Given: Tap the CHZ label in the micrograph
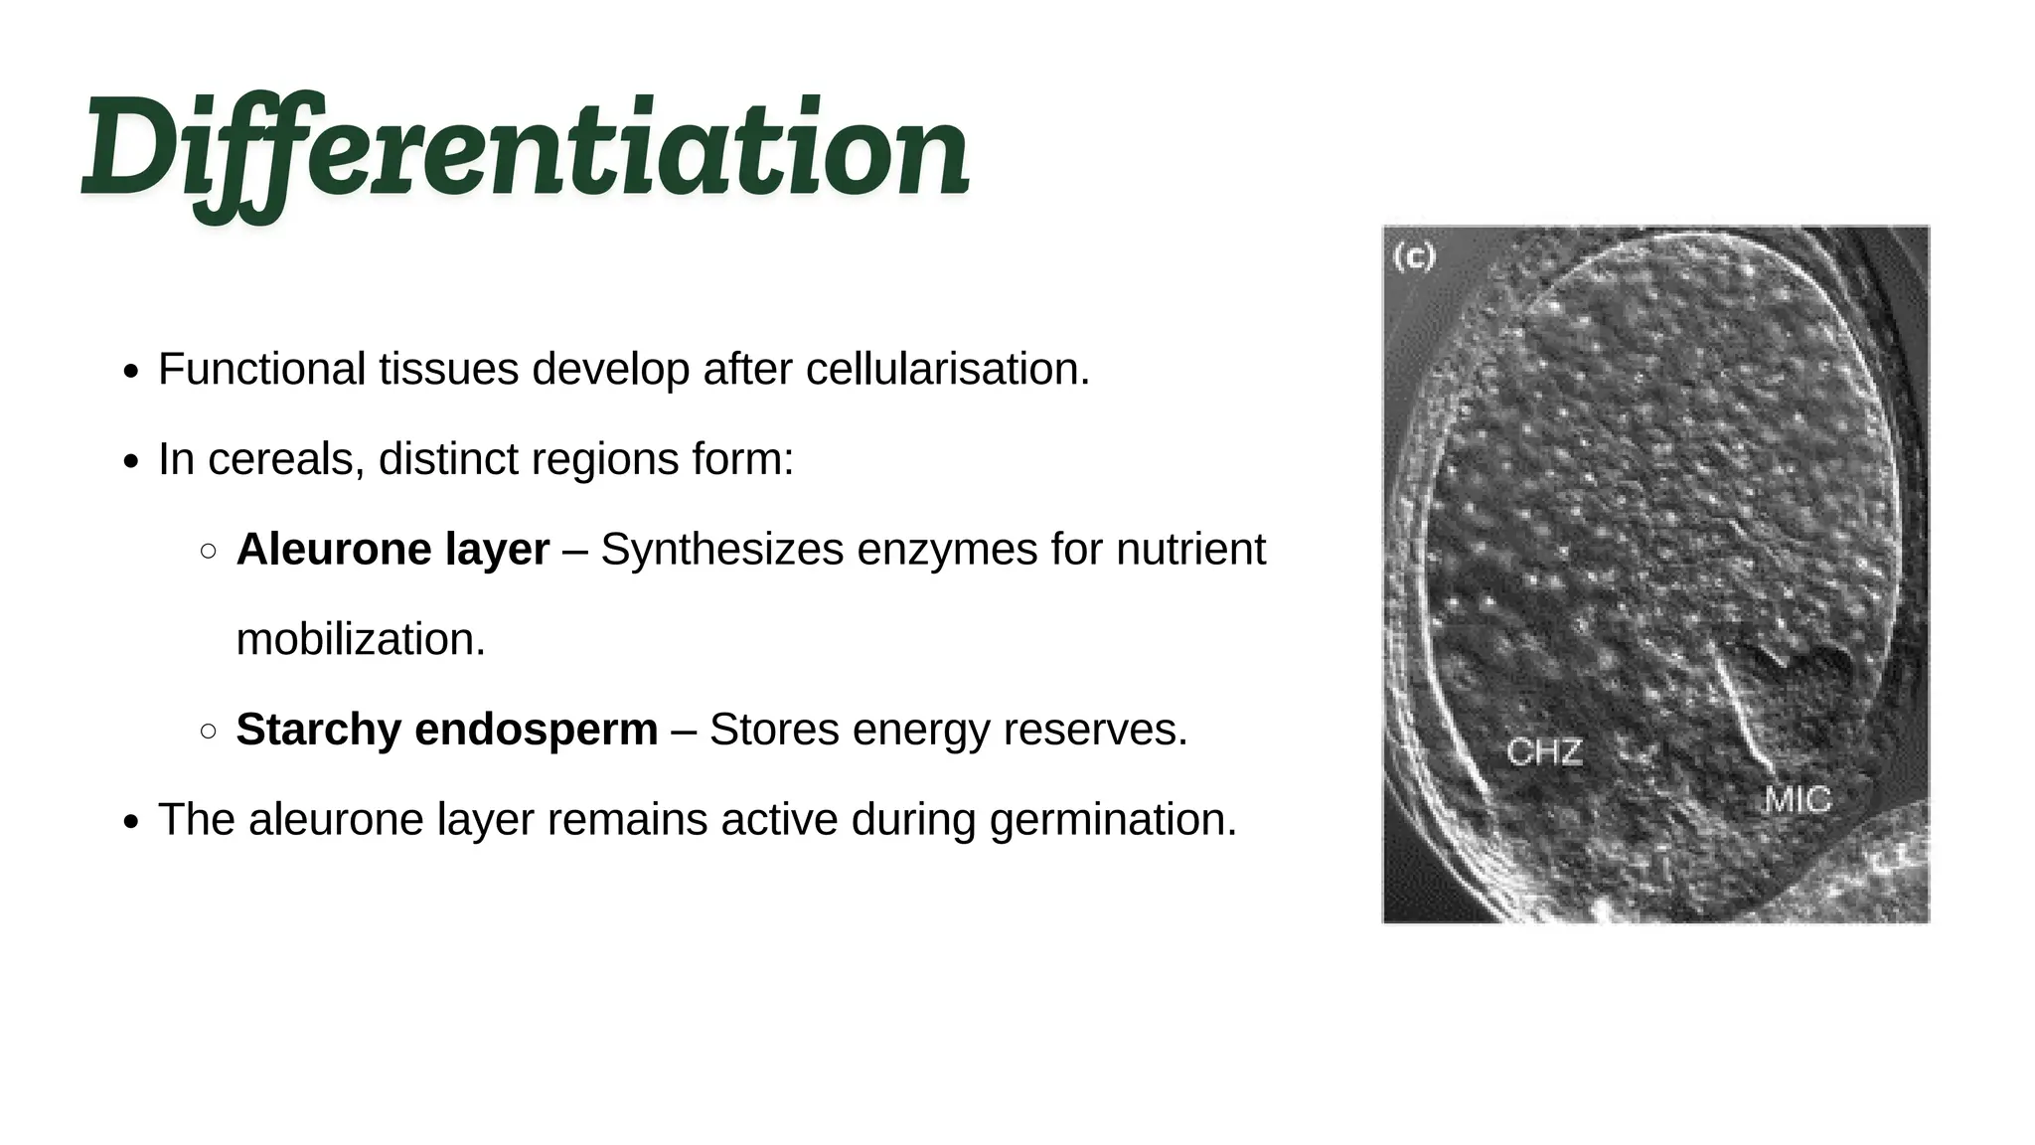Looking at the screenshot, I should [1544, 751].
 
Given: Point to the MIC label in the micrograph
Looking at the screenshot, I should [1798, 800].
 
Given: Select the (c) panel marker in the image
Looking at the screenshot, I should [1414, 257].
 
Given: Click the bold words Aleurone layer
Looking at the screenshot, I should [392, 550].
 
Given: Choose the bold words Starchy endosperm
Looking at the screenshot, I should [446, 730].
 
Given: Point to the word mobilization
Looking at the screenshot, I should [361, 640].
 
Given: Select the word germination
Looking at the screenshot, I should [1113, 820].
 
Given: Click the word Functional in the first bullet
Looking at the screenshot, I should [262, 370].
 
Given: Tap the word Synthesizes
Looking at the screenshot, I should [721, 550].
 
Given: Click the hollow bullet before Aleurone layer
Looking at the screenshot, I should [209, 552].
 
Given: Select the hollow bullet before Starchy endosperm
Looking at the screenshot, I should [209, 732].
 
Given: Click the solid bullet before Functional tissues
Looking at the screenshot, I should [131, 372].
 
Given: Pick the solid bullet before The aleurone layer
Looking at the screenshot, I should [131, 822].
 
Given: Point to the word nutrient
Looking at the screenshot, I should [1190, 550].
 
